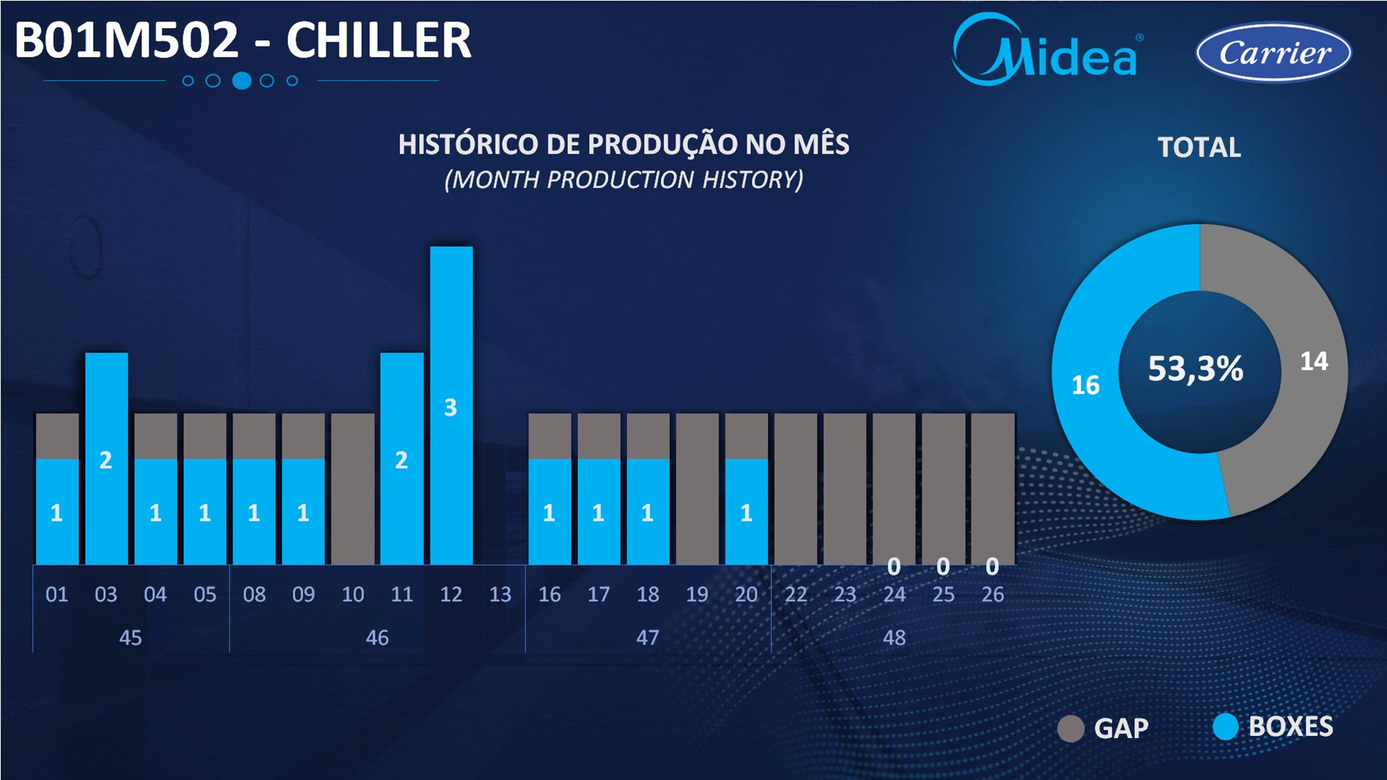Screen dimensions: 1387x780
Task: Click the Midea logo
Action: [x=1047, y=49]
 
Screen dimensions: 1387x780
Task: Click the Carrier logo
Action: [x=1273, y=52]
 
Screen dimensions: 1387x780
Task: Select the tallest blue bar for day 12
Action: [x=451, y=405]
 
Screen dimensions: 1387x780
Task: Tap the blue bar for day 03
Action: [x=106, y=459]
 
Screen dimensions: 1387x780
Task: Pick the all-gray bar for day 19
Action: [x=697, y=489]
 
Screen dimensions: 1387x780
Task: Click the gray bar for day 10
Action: [x=353, y=489]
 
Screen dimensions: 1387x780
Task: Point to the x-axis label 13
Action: [x=500, y=595]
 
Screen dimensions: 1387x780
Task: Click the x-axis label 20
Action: [x=746, y=595]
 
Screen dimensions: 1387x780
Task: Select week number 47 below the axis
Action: [x=648, y=637]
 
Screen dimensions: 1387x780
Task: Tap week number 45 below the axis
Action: [x=130, y=637]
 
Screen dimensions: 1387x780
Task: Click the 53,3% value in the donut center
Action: [x=1195, y=368]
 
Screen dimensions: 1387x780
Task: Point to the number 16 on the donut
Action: [x=1085, y=385]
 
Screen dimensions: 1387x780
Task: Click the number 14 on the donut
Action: [x=1314, y=361]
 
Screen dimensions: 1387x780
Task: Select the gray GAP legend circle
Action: [x=1071, y=729]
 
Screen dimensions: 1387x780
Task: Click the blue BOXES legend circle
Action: [x=1226, y=726]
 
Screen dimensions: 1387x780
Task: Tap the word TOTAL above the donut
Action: [x=1199, y=148]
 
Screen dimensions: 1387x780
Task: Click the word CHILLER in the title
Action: [x=378, y=40]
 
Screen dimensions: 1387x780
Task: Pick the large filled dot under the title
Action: [x=242, y=81]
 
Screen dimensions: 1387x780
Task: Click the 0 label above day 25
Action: [x=943, y=567]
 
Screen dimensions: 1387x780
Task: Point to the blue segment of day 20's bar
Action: [x=747, y=512]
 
